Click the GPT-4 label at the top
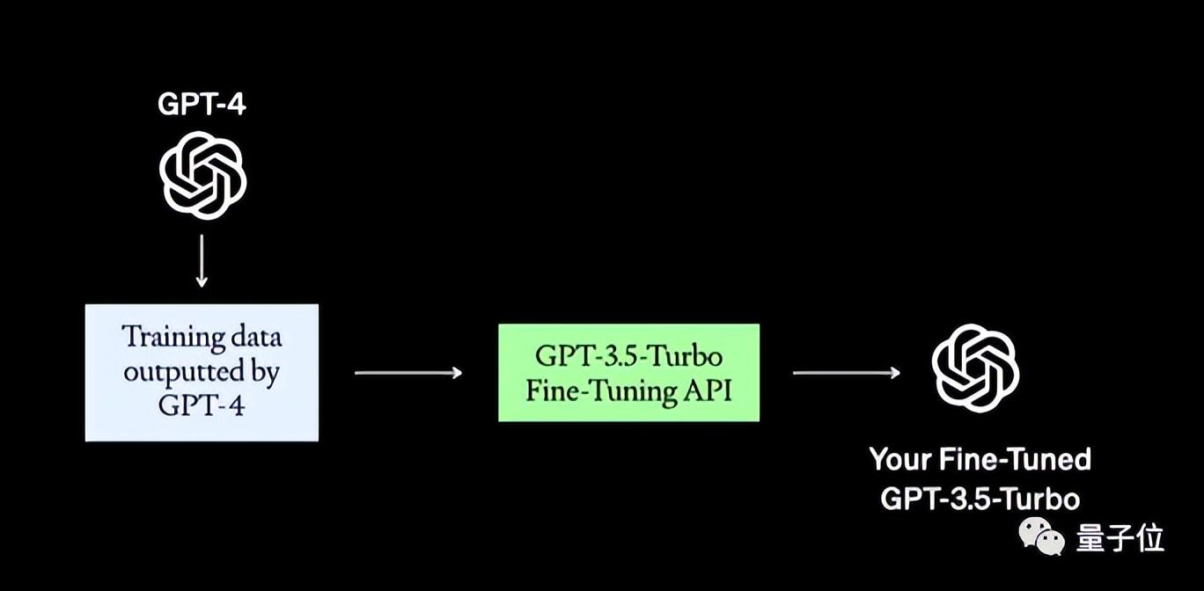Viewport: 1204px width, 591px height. (x=202, y=104)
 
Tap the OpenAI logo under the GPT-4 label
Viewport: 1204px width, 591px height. (x=202, y=175)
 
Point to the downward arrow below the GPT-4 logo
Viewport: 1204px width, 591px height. (x=202, y=260)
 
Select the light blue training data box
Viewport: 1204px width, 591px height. (x=202, y=372)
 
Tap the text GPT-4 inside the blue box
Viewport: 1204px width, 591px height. (x=202, y=405)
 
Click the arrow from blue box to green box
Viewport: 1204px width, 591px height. (x=407, y=373)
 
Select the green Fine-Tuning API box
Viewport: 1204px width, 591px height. (x=628, y=372)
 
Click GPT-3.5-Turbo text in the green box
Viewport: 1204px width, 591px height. (x=628, y=356)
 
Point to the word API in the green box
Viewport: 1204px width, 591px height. (x=707, y=390)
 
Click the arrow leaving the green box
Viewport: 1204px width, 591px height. (x=846, y=373)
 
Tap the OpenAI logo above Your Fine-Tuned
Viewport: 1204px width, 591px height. (x=975, y=368)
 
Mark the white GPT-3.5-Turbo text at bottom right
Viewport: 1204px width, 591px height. (x=980, y=499)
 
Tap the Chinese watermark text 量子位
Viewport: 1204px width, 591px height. (x=1120, y=537)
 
